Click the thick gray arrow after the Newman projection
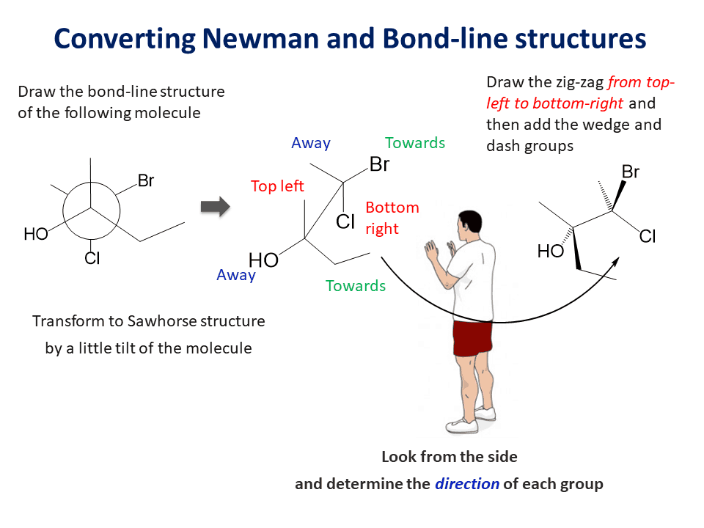[215, 207]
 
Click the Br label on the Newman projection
[146, 180]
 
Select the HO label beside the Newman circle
[36, 234]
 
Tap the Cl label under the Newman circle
[92, 258]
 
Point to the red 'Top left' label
[277, 186]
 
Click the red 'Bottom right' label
[392, 218]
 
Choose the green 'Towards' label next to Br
[415, 143]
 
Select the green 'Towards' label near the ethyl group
[356, 286]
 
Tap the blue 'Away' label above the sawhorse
[311, 143]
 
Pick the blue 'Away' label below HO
[236, 275]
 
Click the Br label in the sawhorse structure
[379, 164]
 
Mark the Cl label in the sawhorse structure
[346, 221]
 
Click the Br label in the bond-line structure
[631, 172]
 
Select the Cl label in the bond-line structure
[648, 236]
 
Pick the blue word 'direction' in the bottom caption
[467, 484]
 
